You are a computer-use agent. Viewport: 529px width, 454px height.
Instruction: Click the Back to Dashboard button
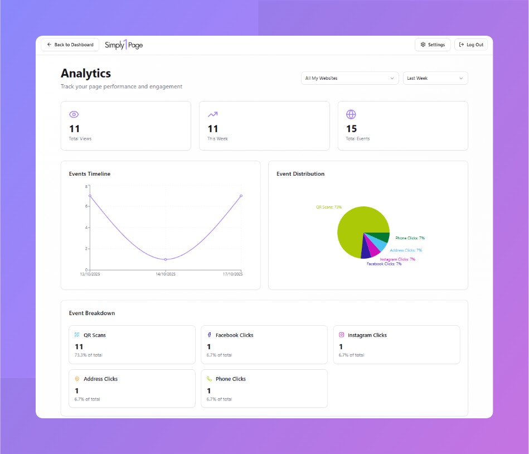tap(70, 45)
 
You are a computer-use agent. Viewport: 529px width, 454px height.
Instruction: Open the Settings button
tap(433, 45)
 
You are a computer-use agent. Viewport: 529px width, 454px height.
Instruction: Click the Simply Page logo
tap(124, 45)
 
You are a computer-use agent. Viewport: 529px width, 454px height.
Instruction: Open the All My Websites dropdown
tap(350, 78)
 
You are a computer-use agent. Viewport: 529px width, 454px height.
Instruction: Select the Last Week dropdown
tap(435, 78)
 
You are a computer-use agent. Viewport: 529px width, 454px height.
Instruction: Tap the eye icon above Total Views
tap(74, 114)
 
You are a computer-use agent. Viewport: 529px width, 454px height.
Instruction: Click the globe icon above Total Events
tap(351, 114)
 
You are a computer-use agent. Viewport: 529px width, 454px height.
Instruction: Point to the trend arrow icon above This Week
tap(212, 114)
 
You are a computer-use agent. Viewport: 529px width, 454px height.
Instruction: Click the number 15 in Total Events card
tap(351, 129)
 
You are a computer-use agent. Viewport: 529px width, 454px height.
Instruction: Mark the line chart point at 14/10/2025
tap(166, 259)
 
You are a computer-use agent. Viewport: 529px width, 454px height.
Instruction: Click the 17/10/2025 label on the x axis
tap(233, 274)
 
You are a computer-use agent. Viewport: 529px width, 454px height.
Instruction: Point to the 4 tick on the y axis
tap(86, 228)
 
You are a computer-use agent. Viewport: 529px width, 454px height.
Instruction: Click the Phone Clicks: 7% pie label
tap(410, 238)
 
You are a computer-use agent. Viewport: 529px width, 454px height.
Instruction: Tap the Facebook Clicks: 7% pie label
tap(384, 264)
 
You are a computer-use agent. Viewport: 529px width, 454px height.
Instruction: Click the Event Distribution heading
tap(300, 173)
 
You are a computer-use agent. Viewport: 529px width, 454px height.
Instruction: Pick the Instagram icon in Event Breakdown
tap(342, 335)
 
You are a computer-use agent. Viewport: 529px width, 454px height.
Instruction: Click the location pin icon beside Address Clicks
tap(77, 379)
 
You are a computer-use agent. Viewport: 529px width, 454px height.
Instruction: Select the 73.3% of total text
tap(88, 355)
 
